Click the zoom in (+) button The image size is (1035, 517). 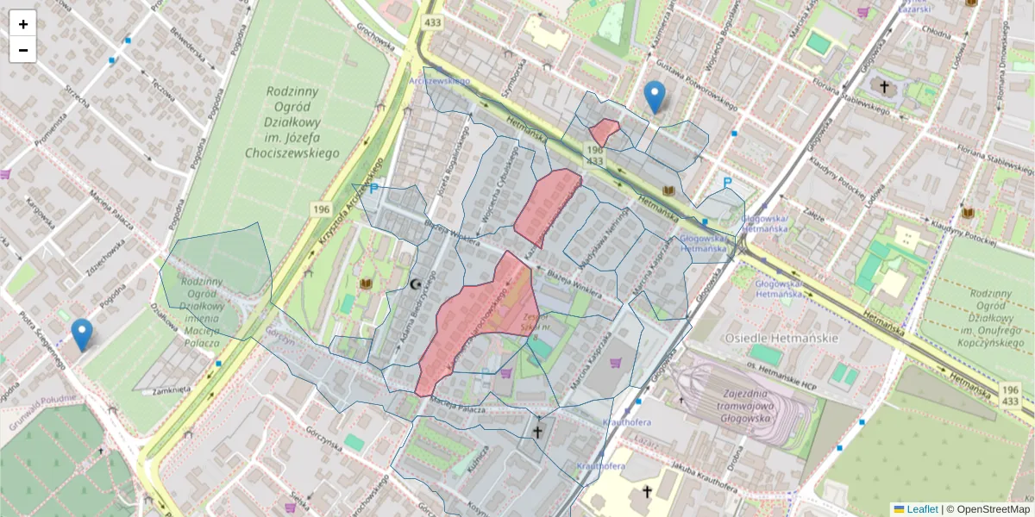[x=23, y=24]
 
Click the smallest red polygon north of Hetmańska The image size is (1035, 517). [x=604, y=132]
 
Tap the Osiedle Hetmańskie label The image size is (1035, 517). [x=781, y=338]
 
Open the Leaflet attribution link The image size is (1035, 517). [x=922, y=509]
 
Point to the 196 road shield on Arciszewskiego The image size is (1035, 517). [x=322, y=209]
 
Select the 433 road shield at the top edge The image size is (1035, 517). [x=431, y=22]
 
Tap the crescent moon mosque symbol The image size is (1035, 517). [x=417, y=283]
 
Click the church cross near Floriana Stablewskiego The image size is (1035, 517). [x=883, y=86]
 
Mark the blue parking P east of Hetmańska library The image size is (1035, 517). [x=727, y=184]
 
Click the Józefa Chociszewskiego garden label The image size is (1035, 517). [x=292, y=121]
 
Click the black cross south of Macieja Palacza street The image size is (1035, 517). [x=538, y=431]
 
